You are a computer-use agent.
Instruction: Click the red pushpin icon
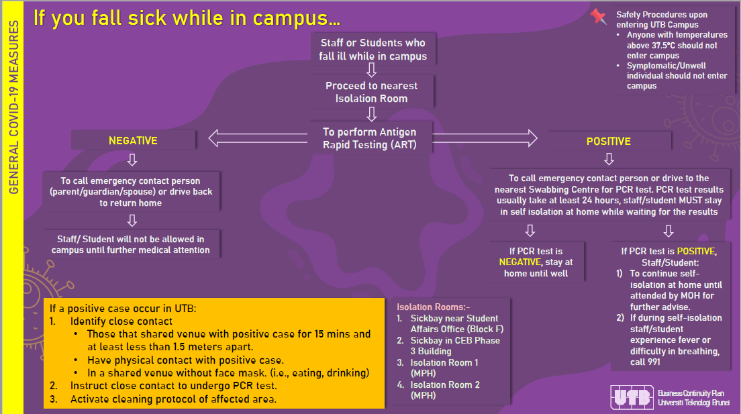[x=598, y=17]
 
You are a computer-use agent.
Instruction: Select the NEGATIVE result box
[x=134, y=140]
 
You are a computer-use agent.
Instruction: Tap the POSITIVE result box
[x=609, y=142]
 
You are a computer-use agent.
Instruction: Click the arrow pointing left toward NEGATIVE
[x=258, y=138]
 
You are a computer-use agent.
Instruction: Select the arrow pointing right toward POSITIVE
[x=485, y=138]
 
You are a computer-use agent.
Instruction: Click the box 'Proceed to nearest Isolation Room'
[x=372, y=92]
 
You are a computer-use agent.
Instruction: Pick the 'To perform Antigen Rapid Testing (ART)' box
[x=370, y=138]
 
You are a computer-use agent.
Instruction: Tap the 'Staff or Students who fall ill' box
[x=373, y=49]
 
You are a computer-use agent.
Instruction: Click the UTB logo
[x=632, y=397]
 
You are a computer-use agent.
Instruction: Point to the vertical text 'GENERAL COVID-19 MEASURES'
[x=13, y=107]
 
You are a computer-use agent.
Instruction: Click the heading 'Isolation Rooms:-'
[x=433, y=307]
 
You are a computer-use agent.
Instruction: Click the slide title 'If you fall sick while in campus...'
[x=187, y=18]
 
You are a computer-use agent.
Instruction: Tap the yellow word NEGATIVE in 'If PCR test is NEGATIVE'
[x=520, y=262]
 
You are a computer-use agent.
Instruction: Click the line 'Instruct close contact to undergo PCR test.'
[x=173, y=386]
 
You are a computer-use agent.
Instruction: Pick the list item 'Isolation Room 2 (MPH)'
[x=445, y=390]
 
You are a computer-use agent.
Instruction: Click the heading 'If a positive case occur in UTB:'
[x=123, y=308]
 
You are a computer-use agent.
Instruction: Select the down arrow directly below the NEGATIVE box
[x=132, y=160]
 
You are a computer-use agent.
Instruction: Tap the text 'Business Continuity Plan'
[x=691, y=393]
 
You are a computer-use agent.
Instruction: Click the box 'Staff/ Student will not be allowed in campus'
[x=131, y=244]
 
